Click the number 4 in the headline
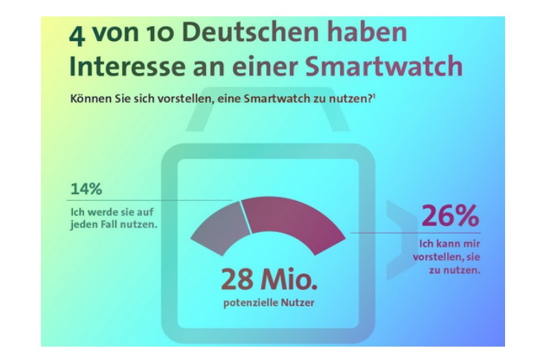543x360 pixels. click(x=77, y=36)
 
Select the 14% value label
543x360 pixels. click(x=86, y=189)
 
